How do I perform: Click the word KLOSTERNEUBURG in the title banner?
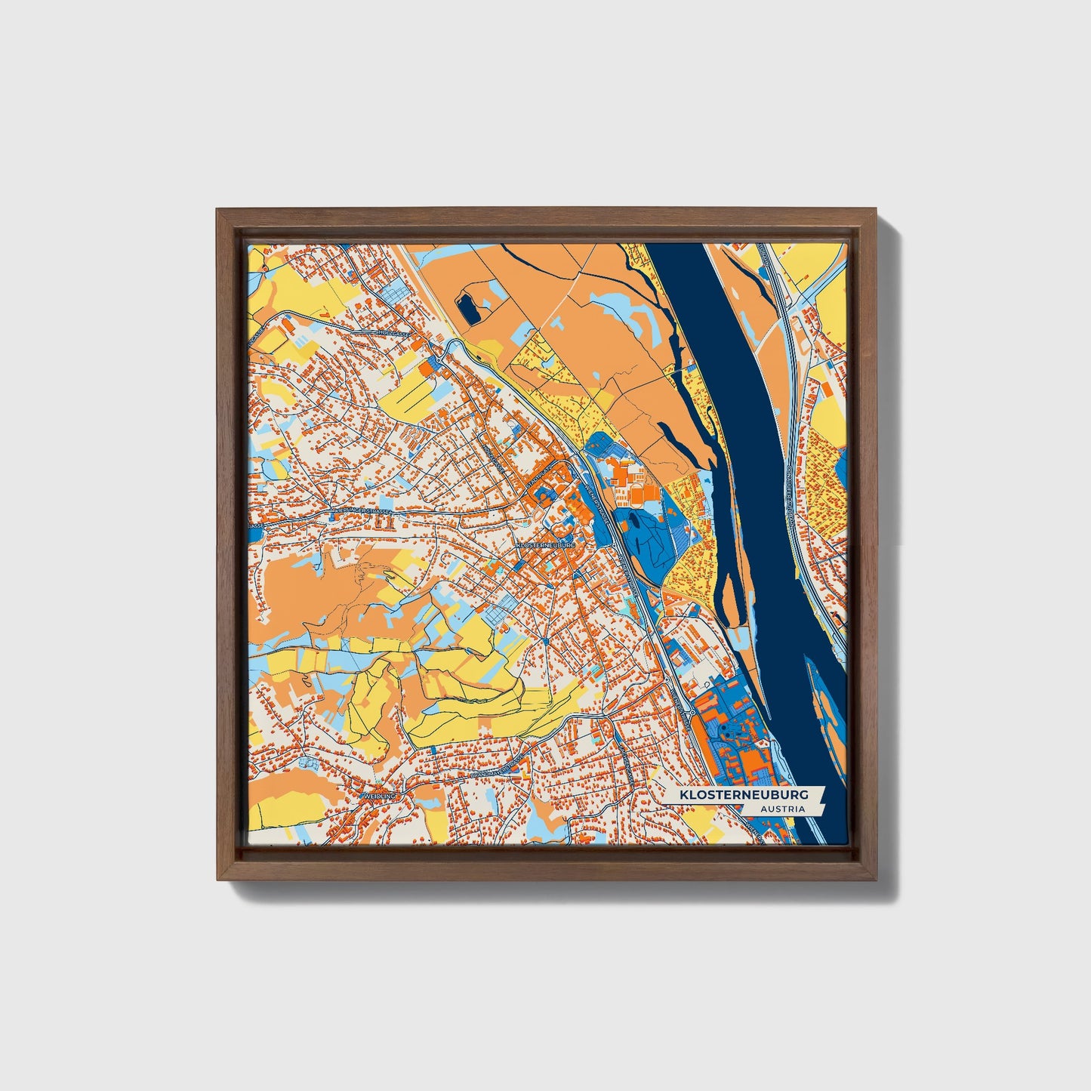(x=744, y=795)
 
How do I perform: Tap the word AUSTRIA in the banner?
(x=782, y=809)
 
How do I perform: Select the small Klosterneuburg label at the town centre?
(x=546, y=544)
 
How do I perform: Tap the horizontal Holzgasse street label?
(x=393, y=332)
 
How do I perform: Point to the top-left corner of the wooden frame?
(x=218, y=211)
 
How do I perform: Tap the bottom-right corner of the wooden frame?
(x=876, y=879)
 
